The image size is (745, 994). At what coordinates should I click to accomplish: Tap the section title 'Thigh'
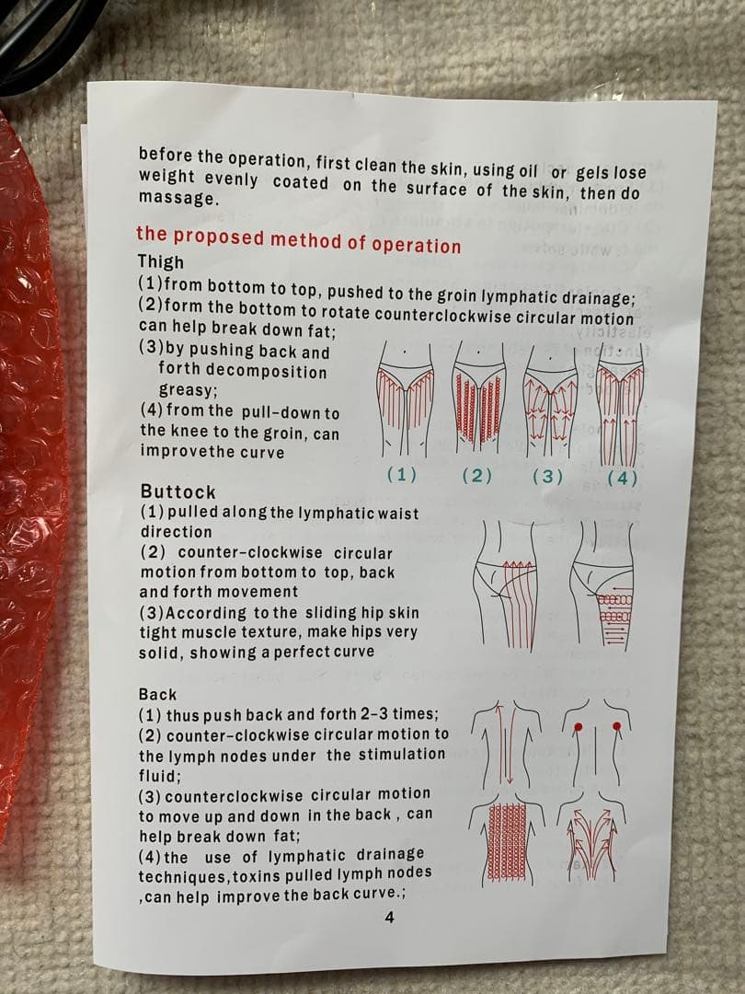(161, 261)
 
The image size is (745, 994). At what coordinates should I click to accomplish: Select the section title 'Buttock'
(178, 491)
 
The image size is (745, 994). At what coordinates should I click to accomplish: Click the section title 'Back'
(158, 694)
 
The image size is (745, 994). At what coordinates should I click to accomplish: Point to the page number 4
(390, 917)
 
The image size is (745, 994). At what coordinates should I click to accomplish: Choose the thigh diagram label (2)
(476, 476)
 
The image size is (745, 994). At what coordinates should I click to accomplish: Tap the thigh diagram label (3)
(547, 477)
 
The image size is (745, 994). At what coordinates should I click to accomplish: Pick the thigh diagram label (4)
(622, 479)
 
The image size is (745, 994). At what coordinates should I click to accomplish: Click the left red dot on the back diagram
(577, 726)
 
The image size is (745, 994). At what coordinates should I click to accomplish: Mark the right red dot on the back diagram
(618, 726)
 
